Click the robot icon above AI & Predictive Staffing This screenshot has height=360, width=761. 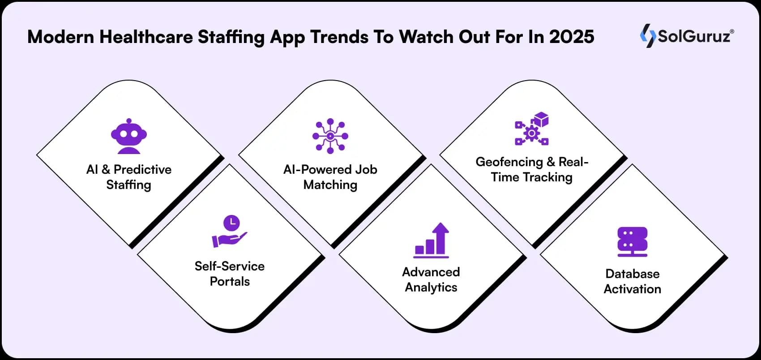coord(129,136)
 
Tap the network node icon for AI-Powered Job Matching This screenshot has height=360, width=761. coord(330,136)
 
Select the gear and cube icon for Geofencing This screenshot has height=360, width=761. coord(532,129)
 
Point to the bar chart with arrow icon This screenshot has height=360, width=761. coord(431,240)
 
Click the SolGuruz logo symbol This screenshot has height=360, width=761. coord(647,36)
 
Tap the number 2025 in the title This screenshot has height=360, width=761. coord(572,37)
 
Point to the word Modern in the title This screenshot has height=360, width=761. coord(60,37)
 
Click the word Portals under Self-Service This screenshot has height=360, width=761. coord(230,281)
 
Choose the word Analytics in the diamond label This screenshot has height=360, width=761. coord(431,287)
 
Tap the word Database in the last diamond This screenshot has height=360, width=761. coord(632,274)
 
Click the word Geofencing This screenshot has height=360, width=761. coord(509,162)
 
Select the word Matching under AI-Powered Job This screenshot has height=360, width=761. coord(330,184)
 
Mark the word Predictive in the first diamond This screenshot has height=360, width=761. coord(142,169)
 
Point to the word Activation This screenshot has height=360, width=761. coord(632,289)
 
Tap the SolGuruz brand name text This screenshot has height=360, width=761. coord(694,36)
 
